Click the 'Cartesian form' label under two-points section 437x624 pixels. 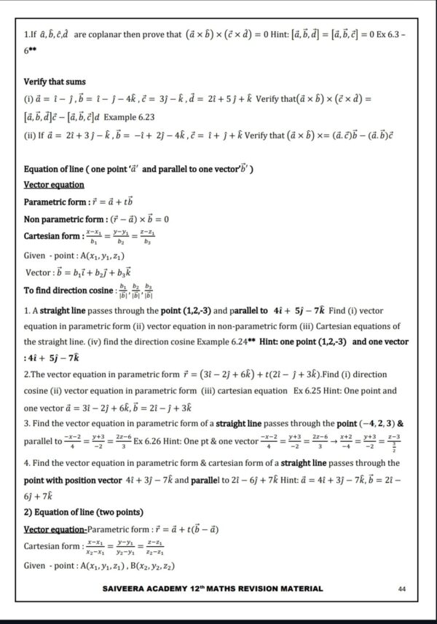[52, 546]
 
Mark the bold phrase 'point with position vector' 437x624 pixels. [79, 479]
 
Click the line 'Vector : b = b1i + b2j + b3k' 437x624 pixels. [79, 272]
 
